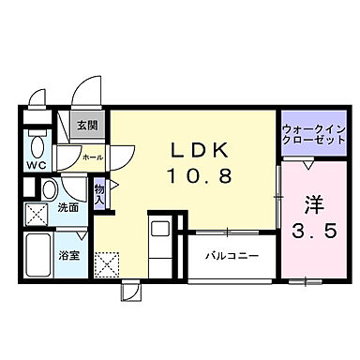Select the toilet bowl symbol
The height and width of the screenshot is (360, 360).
(37, 146)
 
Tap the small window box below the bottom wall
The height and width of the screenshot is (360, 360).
(129, 290)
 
